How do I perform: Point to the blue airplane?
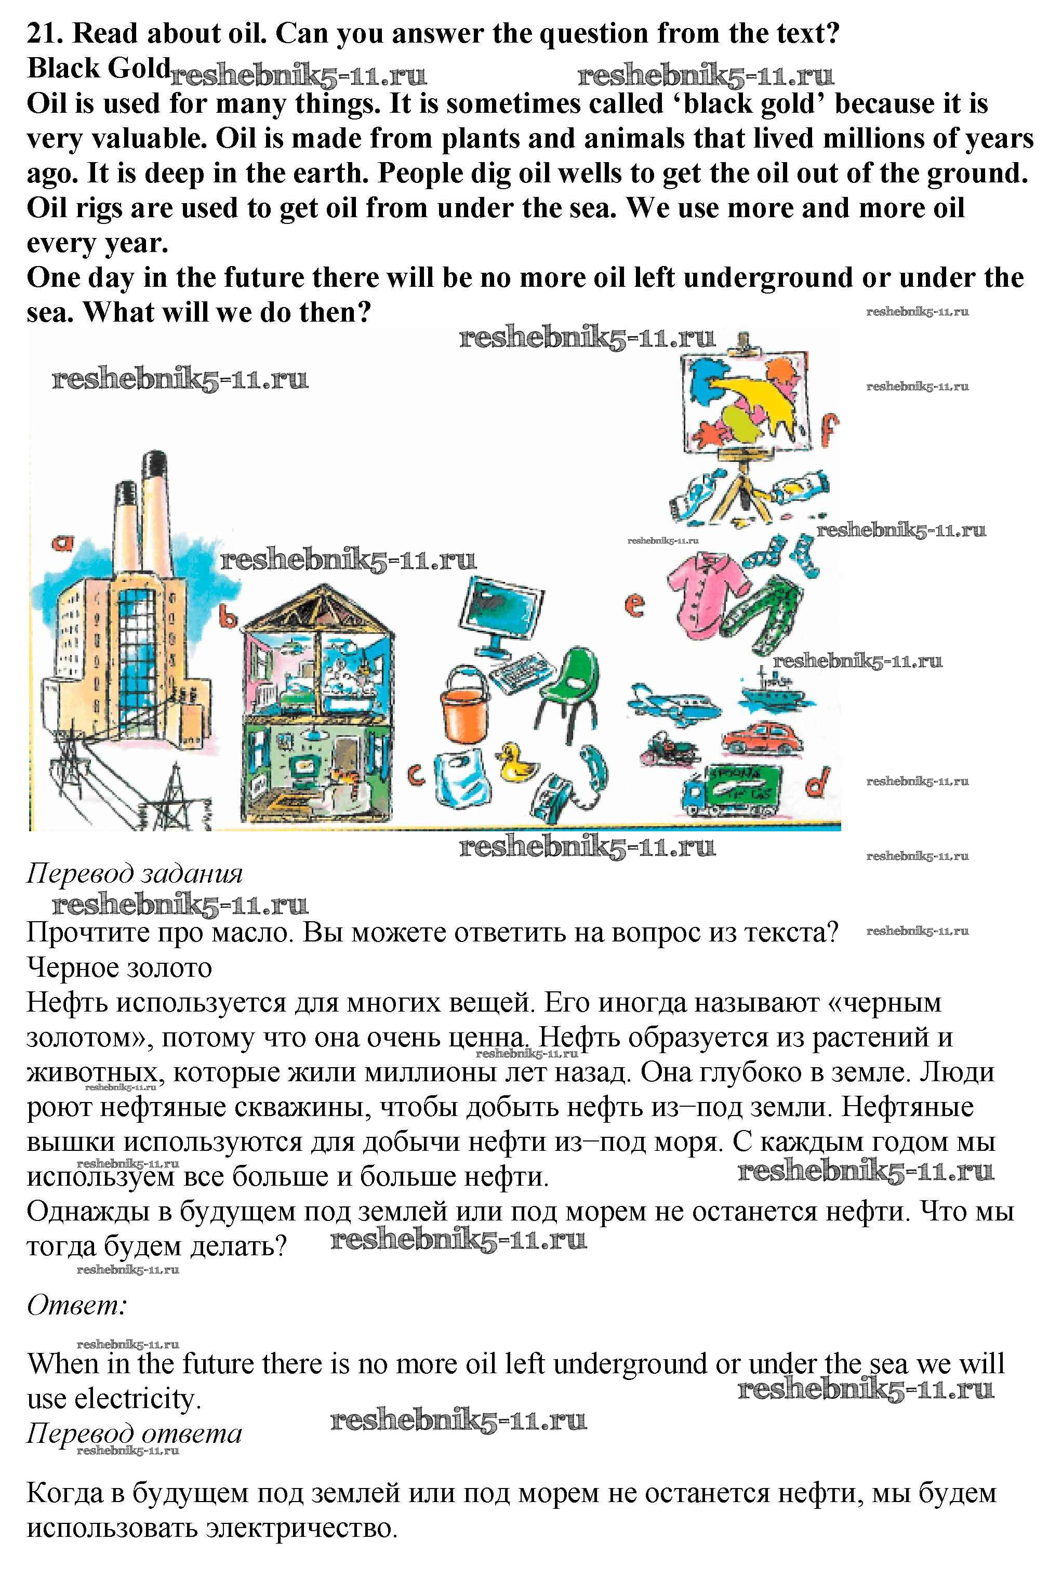672,702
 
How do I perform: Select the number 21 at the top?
43,33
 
